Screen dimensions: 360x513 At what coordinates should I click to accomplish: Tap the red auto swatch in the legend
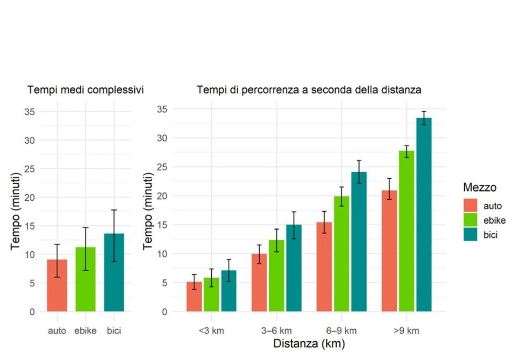pos(470,205)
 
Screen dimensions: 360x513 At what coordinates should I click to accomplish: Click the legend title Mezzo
pos(480,187)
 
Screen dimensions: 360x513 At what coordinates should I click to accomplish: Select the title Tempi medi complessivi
pos(85,90)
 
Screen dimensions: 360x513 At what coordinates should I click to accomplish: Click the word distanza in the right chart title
pos(403,90)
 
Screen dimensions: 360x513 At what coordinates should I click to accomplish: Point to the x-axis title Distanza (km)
pos(309,343)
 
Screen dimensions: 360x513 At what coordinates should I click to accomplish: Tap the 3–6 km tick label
pos(276,330)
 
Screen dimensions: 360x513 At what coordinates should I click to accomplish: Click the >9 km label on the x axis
pos(407,330)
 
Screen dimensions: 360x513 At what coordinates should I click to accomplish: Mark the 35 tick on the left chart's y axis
pos(32,112)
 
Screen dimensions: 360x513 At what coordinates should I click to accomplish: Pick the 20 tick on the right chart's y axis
pos(160,196)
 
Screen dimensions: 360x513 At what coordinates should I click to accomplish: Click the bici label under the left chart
pos(114,330)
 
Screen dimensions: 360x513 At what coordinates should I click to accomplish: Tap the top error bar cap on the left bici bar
pos(114,210)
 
